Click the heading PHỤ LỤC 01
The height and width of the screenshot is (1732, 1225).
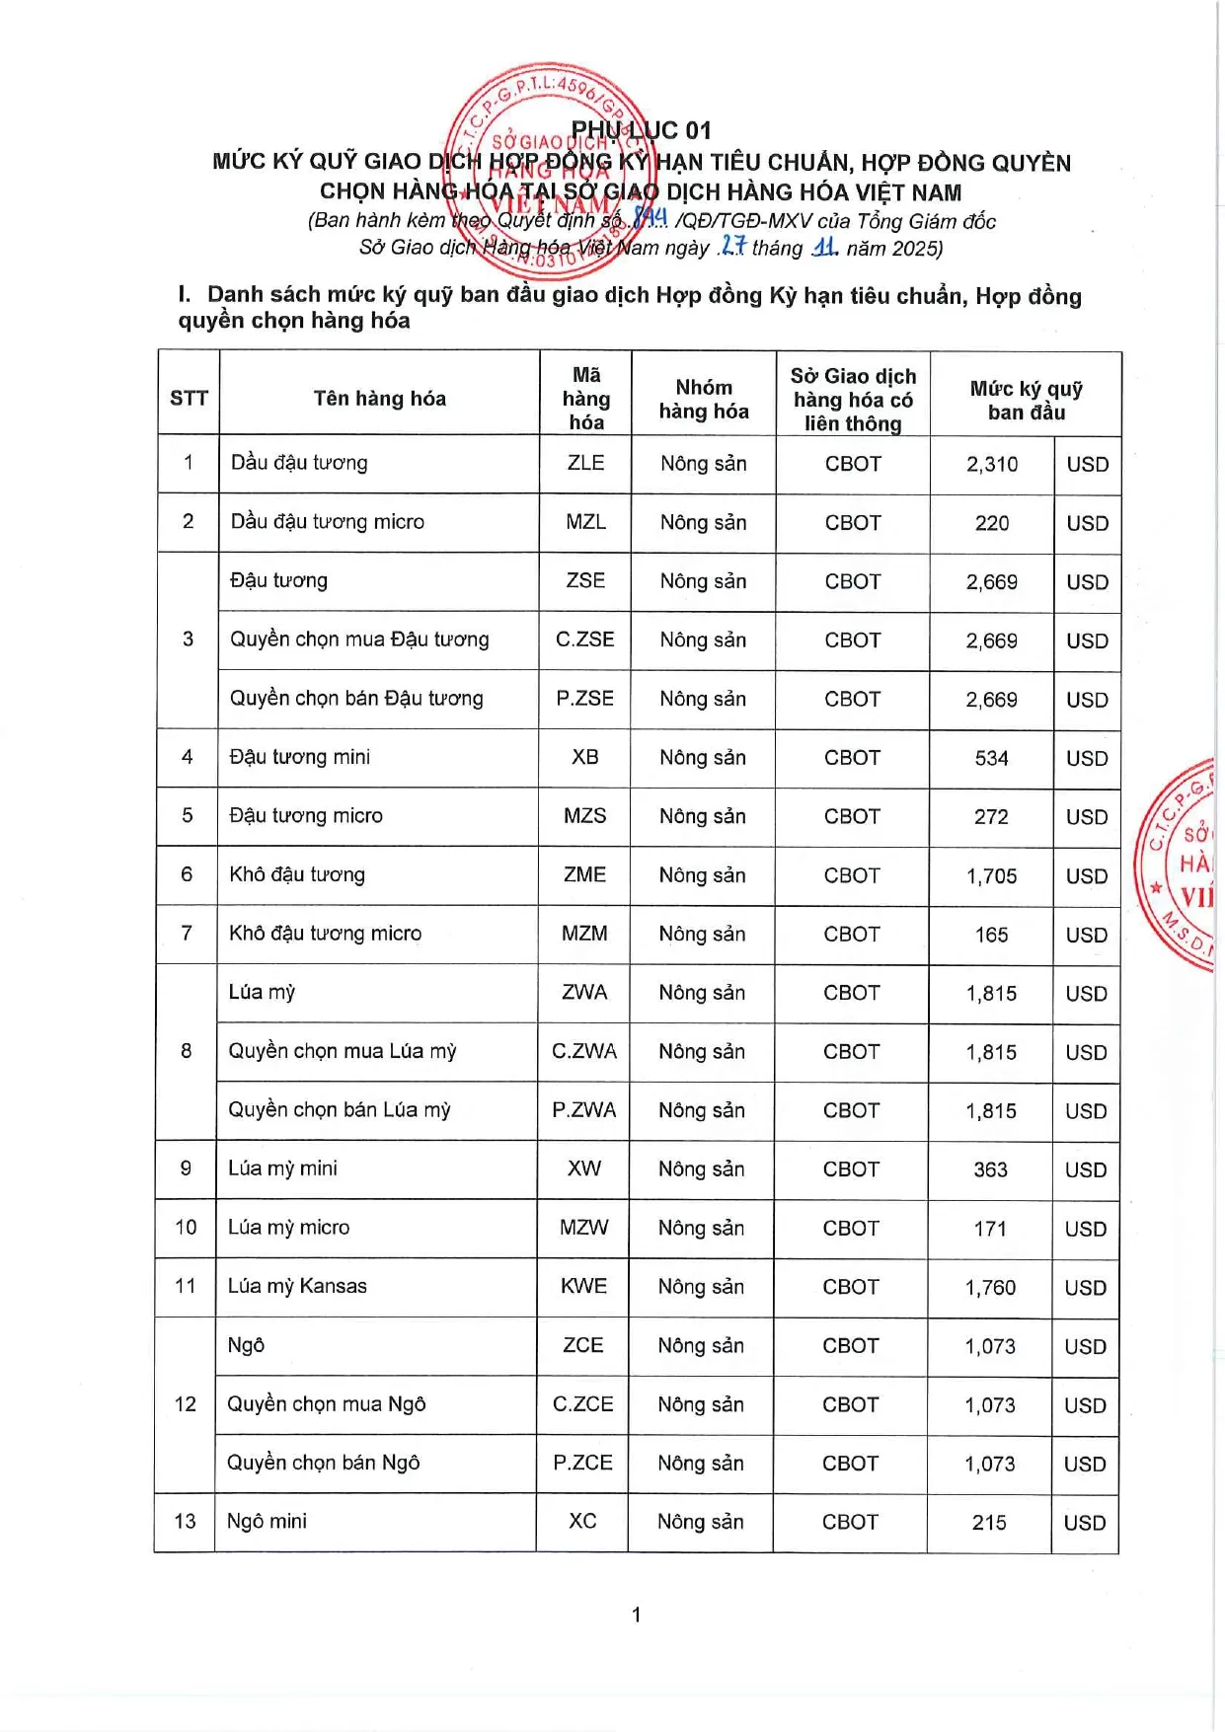click(x=641, y=130)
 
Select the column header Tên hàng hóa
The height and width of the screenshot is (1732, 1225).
click(x=379, y=398)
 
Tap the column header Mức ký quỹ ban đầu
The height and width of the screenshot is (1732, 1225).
click(x=1026, y=400)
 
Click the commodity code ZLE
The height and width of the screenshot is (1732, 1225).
click(x=585, y=463)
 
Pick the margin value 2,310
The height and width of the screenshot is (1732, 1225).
click(x=992, y=464)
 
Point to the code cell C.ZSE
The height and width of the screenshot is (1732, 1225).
click(x=585, y=640)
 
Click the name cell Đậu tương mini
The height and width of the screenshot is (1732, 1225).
click(x=300, y=757)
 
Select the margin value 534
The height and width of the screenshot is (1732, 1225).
click(x=991, y=758)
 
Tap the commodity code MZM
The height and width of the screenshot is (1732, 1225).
click(x=584, y=934)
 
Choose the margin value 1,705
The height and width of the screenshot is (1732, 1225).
click(x=991, y=875)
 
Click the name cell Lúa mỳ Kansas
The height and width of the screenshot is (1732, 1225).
click(x=297, y=1286)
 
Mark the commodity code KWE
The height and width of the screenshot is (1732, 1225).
click(x=583, y=1286)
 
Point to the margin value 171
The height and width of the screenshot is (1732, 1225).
click(x=990, y=1229)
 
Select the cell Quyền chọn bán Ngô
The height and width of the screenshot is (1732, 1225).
click(x=324, y=1463)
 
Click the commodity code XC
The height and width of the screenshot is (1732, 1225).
click(x=582, y=1521)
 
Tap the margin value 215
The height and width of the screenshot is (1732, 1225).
click(x=989, y=1523)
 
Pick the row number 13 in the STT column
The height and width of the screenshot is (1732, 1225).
click(x=185, y=1521)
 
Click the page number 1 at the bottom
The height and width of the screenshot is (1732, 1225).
click(x=637, y=1615)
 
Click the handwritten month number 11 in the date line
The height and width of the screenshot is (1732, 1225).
click(x=824, y=247)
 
